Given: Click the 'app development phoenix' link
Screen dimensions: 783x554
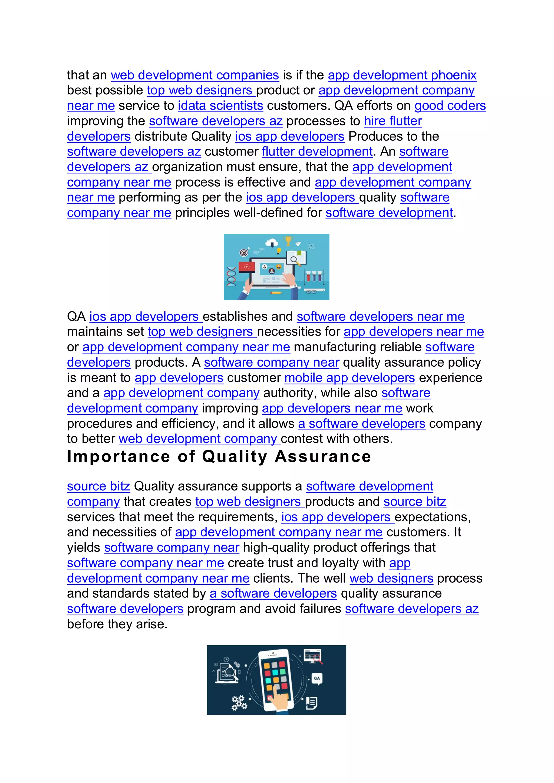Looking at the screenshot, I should pyautogui.click(x=402, y=75).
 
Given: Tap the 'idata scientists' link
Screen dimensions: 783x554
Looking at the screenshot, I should pyautogui.click(x=220, y=106).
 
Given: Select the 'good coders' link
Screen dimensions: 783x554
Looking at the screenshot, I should pyautogui.click(x=450, y=106).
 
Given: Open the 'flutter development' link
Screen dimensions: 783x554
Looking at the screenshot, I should pyautogui.click(x=317, y=151).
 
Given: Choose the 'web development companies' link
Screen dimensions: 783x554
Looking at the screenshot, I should pyautogui.click(x=195, y=75).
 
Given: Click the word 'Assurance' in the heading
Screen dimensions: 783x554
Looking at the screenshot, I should pyautogui.click(x=323, y=457).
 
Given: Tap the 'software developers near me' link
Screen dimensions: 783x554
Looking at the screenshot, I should pyautogui.click(x=380, y=317).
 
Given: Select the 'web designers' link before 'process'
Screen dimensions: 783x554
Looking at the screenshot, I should pyautogui.click(x=391, y=578).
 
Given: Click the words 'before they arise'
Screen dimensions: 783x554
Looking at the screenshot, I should pyautogui.click(x=117, y=624).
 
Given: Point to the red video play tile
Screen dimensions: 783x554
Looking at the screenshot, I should pyautogui.click(x=247, y=267).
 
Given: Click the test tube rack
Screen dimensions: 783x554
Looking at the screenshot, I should pyautogui.click(x=314, y=277).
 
